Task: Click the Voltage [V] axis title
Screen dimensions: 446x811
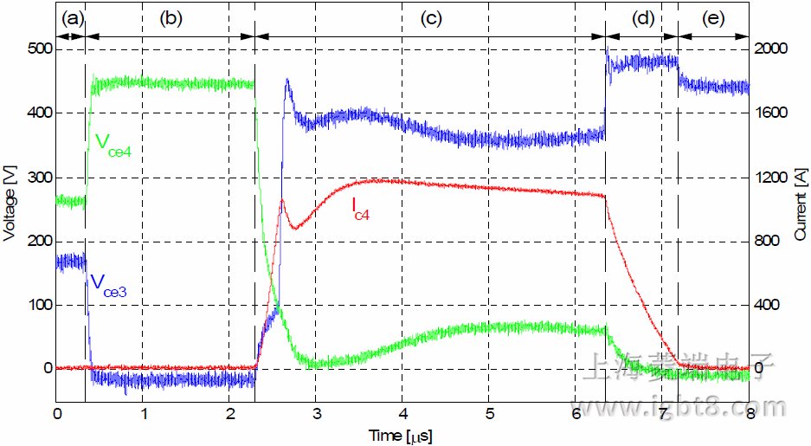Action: (x=10, y=209)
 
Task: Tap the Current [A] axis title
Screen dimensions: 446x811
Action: (x=800, y=209)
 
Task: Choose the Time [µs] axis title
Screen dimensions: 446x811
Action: (x=402, y=432)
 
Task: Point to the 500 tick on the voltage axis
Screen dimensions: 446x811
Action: (x=38, y=49)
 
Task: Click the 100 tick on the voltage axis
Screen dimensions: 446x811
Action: (x=38, y=305)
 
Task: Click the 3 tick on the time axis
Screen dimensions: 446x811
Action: (x=316, y=413)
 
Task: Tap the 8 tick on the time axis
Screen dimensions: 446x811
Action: (x=750, y=413)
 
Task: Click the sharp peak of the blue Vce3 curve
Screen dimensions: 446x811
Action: (x=286, y=81)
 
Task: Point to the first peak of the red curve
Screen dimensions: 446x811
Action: (x=282, y=201)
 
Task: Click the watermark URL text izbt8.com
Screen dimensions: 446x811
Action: (x=684, y=407)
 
